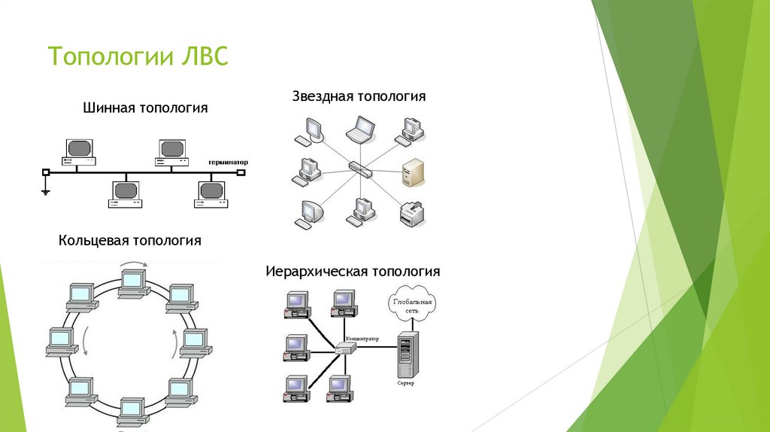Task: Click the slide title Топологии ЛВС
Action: [x=138, y=58]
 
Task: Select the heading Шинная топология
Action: [x=145, y=108]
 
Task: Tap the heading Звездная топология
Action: [x=359, y=97]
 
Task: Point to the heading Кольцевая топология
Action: [x=130, y=241]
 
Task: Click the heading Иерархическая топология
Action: [x=352, y=271]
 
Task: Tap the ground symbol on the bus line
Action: [x=46, y=191]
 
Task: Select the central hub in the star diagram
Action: [x=359, y=167]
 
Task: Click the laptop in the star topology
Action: [x=362, y=129]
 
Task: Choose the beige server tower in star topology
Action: [x=411, y=172]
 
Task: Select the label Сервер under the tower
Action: [x=406, y=383]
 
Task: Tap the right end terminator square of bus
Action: [x=241, y=172]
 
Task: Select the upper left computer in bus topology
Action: [x=79, y=151]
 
